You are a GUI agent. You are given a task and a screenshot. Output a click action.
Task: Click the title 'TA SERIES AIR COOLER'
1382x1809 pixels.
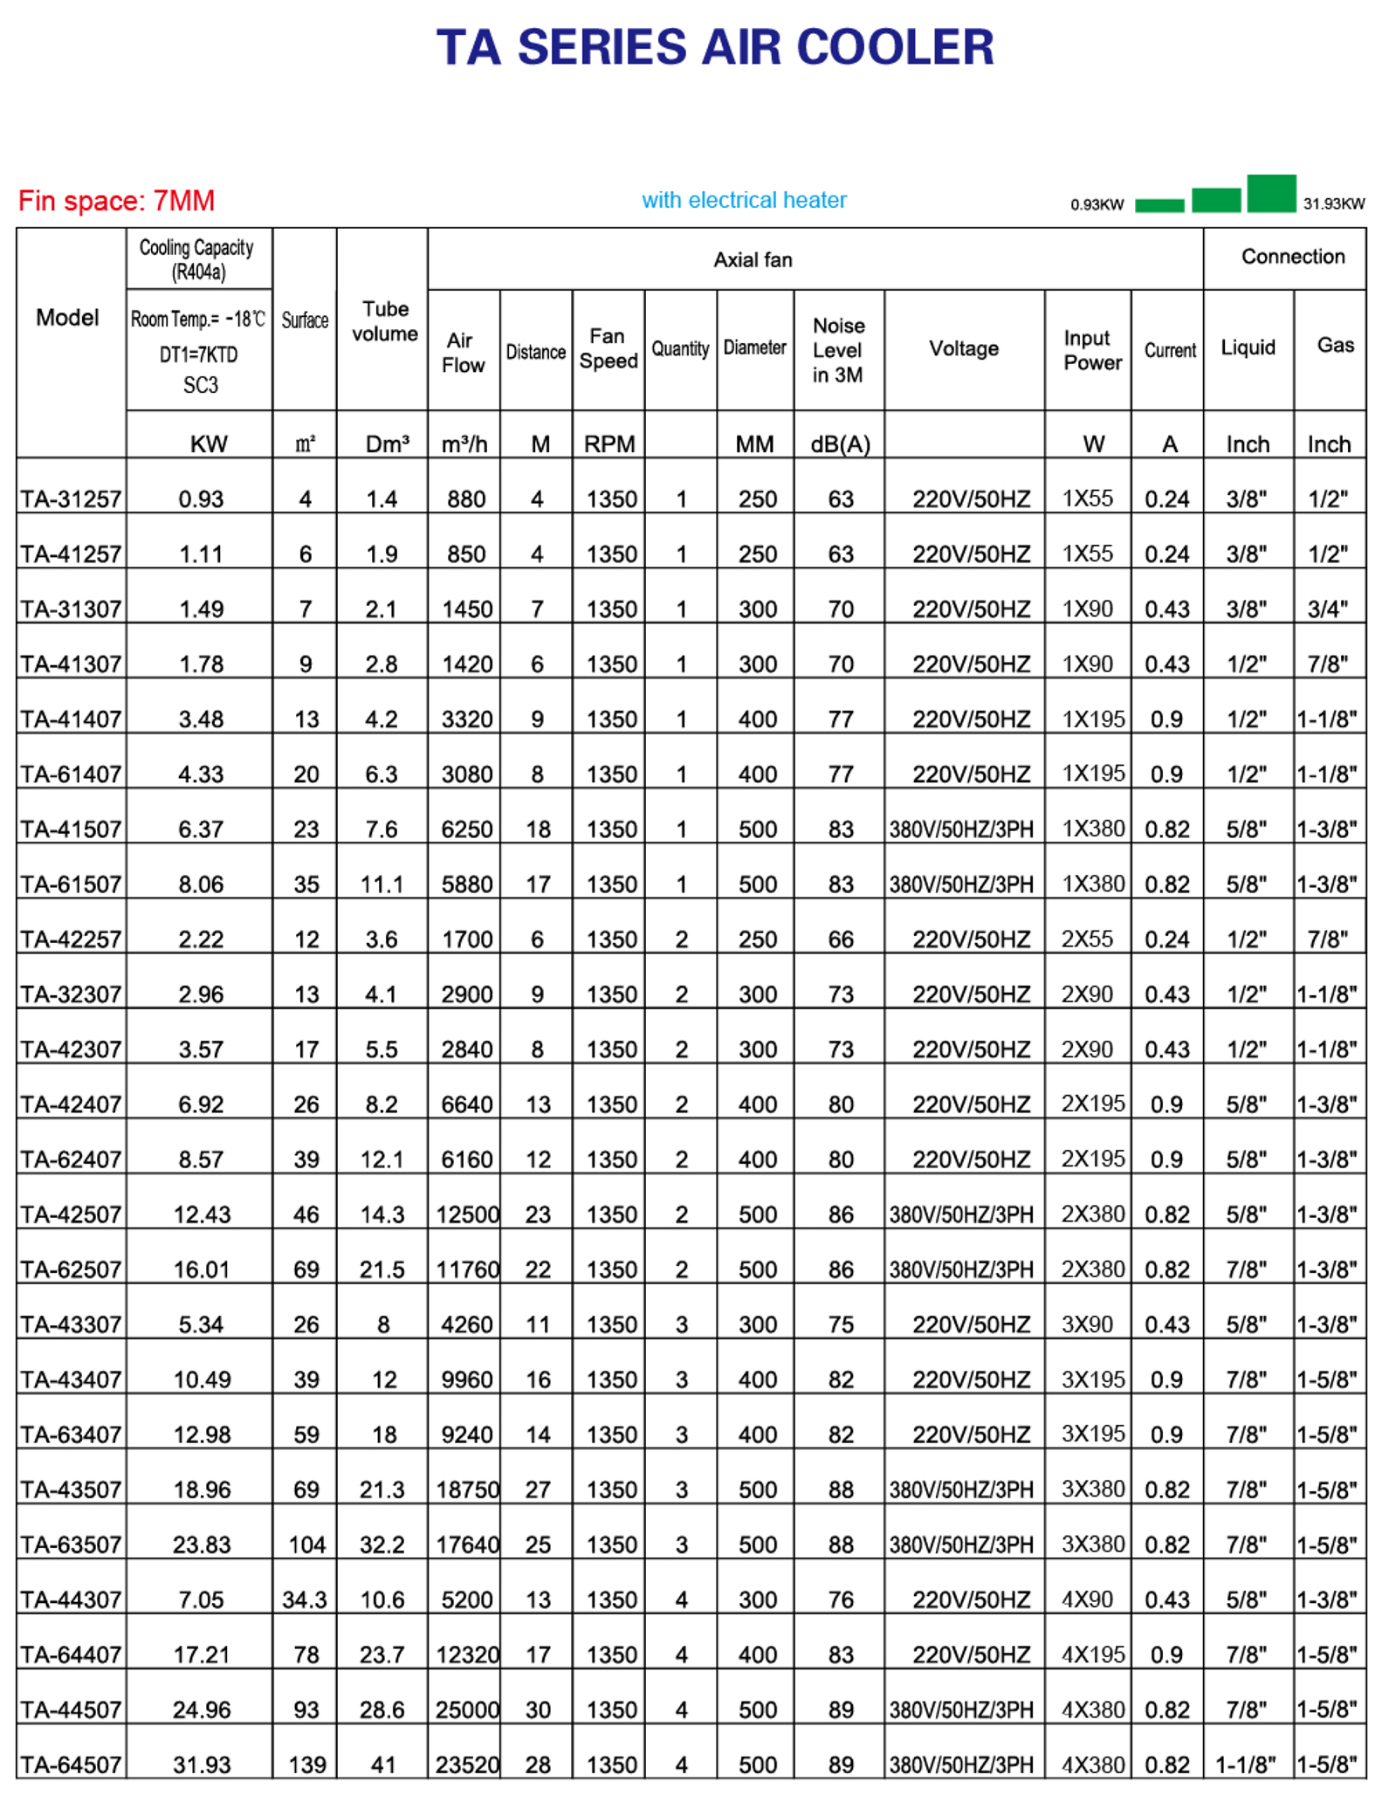714,47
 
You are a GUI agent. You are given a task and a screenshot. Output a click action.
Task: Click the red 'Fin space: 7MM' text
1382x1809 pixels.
116,201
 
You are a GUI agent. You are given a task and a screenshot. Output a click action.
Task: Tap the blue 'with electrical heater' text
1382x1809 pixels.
744,200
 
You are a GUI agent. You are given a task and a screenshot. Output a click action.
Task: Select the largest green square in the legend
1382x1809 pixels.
1270,193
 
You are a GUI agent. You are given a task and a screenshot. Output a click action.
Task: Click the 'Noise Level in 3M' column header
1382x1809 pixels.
838,350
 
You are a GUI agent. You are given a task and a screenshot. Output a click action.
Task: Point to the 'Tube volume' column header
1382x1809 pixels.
384,321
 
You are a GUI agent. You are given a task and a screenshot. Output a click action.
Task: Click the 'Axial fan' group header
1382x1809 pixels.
753,259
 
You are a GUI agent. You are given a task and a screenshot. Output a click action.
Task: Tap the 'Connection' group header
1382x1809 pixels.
1292,257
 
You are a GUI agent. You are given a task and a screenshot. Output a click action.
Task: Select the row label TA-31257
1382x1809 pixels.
71,499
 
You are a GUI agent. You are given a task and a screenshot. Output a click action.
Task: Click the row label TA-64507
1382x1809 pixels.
71,1764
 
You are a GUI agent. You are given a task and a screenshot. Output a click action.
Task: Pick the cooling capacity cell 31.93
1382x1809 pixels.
202,1764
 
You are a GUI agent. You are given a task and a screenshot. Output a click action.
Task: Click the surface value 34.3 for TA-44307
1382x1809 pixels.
304,1599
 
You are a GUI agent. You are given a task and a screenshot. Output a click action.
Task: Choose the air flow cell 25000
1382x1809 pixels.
467,1709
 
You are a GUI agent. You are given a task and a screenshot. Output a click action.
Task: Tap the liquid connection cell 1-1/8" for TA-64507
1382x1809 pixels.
1245,1764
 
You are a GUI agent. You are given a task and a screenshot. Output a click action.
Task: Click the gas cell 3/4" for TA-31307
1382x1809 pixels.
1327,609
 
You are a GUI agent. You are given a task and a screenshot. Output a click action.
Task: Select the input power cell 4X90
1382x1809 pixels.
1087,1599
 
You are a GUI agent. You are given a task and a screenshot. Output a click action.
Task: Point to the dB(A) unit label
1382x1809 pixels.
840,444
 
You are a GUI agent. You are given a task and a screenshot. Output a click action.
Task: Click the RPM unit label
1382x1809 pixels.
609,444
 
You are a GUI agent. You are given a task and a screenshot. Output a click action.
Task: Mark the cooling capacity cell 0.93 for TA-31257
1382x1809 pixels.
202,499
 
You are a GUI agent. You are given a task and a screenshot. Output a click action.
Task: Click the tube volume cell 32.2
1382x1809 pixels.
382,1544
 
